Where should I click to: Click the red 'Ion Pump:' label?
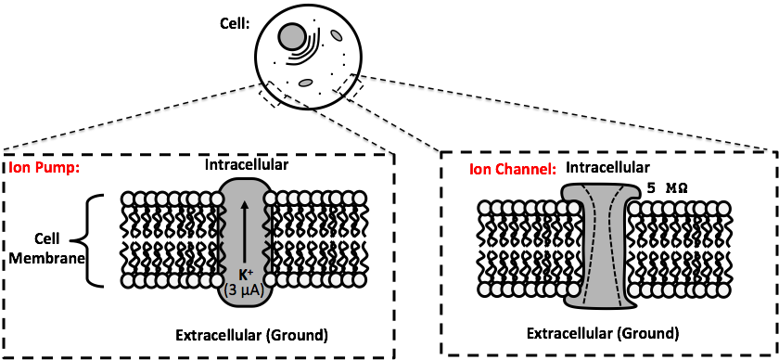point(45,167)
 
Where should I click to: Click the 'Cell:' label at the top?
point(234,23)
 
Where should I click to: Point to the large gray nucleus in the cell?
point(291,36)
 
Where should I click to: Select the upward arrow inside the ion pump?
point(244,232)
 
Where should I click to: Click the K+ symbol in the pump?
point(244,274)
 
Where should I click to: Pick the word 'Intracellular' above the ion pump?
point(247,164)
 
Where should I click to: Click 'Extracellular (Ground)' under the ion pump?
point(252,335)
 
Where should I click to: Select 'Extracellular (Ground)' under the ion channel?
point(602,333)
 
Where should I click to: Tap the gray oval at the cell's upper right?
point(337,36)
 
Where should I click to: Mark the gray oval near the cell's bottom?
point(304,83)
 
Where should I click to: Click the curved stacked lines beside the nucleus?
point(305,49)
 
